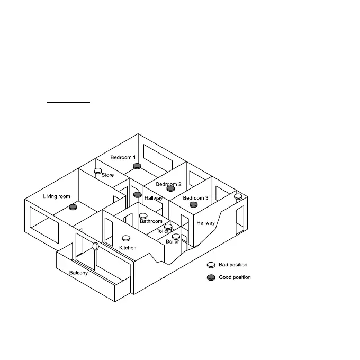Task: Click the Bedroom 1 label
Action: (x=123, y=157)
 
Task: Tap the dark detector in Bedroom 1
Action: (x=137, y=166)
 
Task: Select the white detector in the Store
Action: (x=98, y=170)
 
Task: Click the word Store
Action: (x=107, y=175)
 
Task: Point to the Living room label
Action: (x=57, y=196)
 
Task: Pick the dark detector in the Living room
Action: (x=73, y=207)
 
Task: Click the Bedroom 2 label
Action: (x=168, y=184)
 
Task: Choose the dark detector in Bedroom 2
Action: (x=170, y=188)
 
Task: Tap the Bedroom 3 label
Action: (x=195, y=198)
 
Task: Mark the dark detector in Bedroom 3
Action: (x=193, y=204)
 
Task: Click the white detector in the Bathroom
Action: (x=143, y=216)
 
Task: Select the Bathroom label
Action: (x=151, y=221)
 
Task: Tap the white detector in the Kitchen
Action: (x=126, y=239)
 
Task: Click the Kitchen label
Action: (x=128, y=247)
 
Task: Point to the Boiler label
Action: (x=172, y=241)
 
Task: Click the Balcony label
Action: (x=78, y=273)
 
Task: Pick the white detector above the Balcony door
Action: (x=96, y=246)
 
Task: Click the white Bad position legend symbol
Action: (x=211, y=265)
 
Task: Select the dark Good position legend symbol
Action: (x=211, y=277)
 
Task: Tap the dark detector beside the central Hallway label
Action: (x=137, y=195)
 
